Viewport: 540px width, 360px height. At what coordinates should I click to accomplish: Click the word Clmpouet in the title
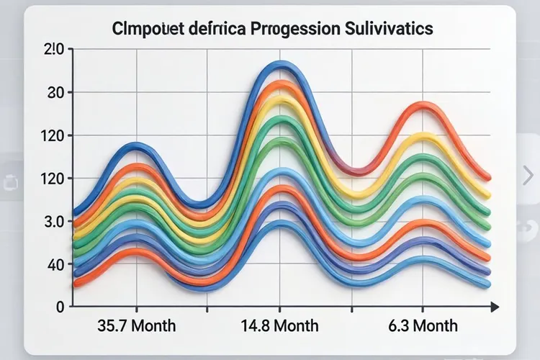tap(145, 30)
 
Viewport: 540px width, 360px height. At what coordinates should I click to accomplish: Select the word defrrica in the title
tap(211, 30)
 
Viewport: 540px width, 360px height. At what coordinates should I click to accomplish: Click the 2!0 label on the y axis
tap(55, 50)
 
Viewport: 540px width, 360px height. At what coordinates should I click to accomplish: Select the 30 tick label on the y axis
tap(55, 93)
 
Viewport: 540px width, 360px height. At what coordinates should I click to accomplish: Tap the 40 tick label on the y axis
tap(55, 264)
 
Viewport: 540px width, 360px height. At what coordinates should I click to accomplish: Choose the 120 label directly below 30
tap(55, 135)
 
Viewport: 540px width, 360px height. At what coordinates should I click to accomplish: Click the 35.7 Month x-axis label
tap(136, 325)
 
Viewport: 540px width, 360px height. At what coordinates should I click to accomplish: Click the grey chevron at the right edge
tap(528, 174)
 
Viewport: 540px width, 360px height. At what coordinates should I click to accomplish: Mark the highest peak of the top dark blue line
tap(281, 65)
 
